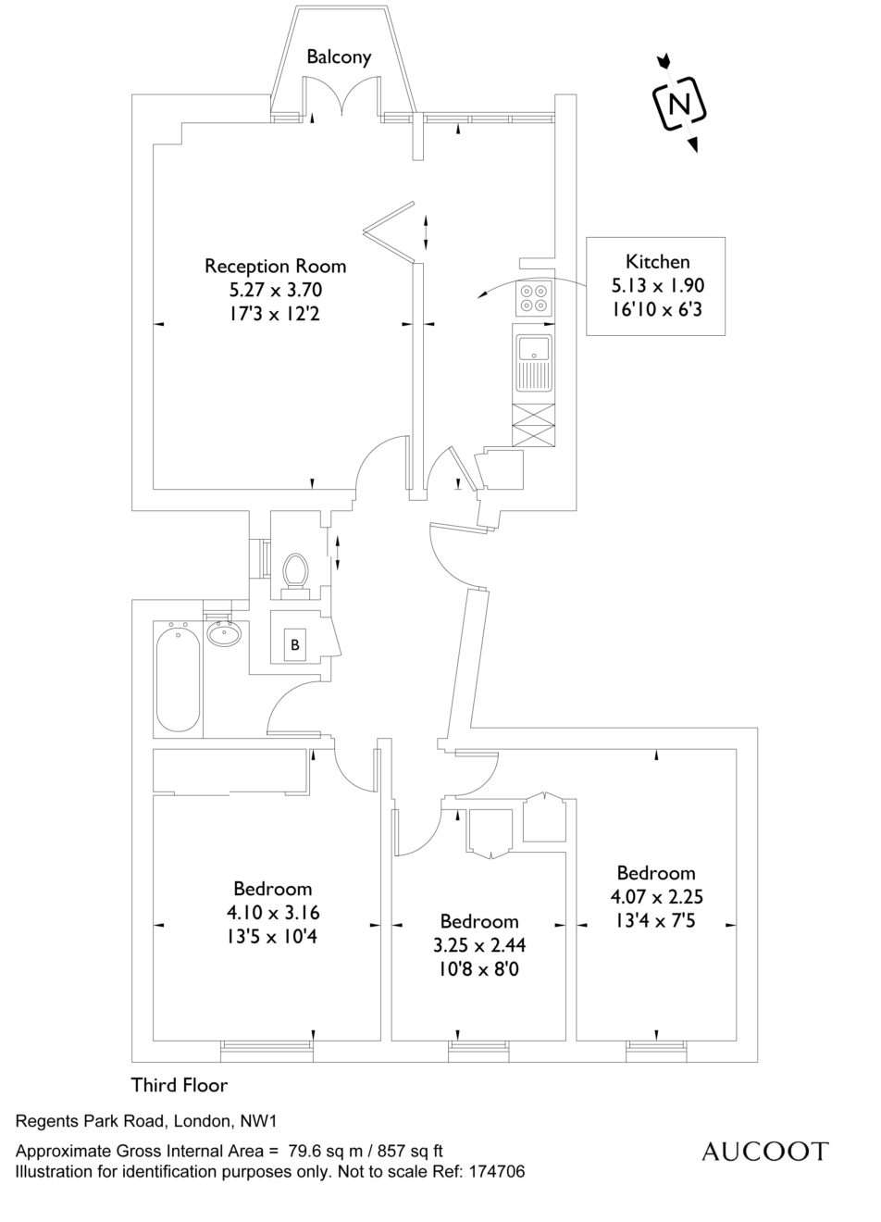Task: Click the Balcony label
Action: coord(339,56)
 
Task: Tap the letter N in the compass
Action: coord(679,104)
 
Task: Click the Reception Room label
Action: coord(276,267)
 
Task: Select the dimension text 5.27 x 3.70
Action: coord(276,290)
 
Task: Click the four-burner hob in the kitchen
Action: coord(534,298)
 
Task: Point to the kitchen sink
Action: coord(534,364)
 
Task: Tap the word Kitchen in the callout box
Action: coord(657,262)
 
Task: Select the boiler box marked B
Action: coord(295,645)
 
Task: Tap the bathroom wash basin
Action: coord(224,633)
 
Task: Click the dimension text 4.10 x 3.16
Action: coord(273,912)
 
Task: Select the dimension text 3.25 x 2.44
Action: coord(479,945)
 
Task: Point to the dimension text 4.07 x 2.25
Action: coord(656,896)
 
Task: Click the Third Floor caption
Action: coord(179,1085)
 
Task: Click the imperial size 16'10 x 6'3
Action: coord(656,310)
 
